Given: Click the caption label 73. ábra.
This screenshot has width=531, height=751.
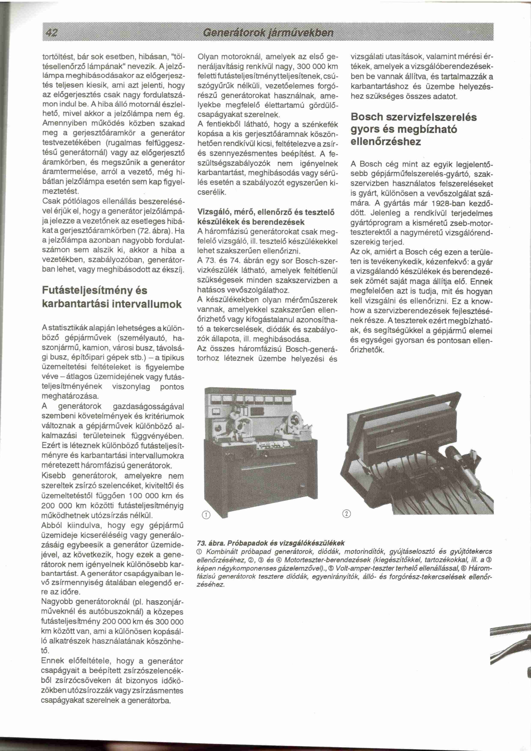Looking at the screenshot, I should (x=210, y=543).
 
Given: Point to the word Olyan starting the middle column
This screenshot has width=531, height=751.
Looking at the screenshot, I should (x=208, y=57).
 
